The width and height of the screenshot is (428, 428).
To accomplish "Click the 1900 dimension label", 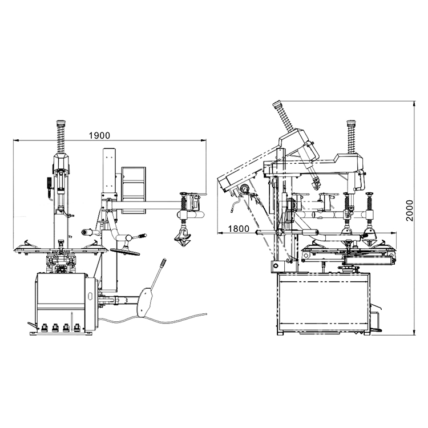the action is pyautogui.click(x=100, y=135).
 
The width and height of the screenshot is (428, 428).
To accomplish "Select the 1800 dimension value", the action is pyautogui.click(x=239, y=229).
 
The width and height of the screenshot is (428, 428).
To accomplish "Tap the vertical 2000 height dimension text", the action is pyautogui.click(x=410, y=211).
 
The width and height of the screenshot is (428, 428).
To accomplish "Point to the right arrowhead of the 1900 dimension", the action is pyautogui.click(x=204, y=140).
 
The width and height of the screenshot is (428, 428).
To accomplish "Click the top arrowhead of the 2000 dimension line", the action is pyautogui.click(x=415, y=104).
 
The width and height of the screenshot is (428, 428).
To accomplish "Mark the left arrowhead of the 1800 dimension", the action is pyautogui.click(x=220, y=233).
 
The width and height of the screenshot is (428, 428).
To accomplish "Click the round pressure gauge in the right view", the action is pyautogui.click(x=245, y=189).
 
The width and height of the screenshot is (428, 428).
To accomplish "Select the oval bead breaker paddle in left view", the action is pyautogui.click(x=144, y=302).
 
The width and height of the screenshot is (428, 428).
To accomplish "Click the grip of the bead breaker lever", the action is pyautogui.click(x=163, y=263).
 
